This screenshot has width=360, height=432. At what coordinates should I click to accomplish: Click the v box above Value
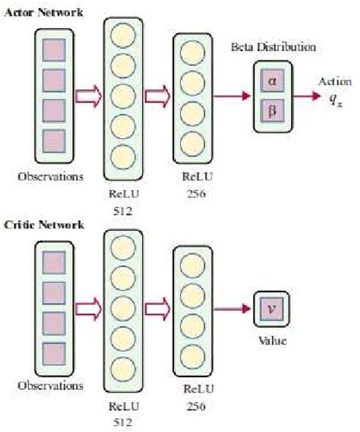coord(271,310)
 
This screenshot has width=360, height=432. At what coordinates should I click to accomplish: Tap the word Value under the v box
coord(272,342)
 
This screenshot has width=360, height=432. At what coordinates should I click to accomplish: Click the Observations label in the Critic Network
coord(52,385)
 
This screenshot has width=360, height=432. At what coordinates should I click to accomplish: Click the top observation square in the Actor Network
coord(53,52)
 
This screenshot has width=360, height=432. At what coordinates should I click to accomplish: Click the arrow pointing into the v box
coord(239,310)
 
